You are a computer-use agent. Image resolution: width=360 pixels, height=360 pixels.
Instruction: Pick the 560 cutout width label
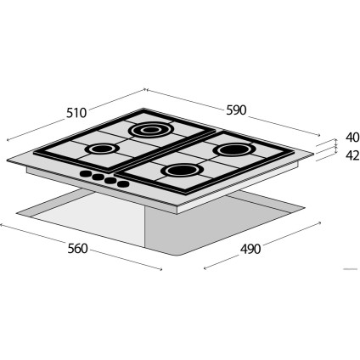(77, 249)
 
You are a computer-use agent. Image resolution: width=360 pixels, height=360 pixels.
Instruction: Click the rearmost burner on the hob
(150, 130)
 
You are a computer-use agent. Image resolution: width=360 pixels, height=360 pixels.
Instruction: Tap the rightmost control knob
(122, 183)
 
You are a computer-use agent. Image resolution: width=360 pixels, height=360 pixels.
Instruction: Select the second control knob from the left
(97, 177)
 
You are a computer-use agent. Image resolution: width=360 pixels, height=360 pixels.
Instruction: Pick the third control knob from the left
(110, 180)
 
